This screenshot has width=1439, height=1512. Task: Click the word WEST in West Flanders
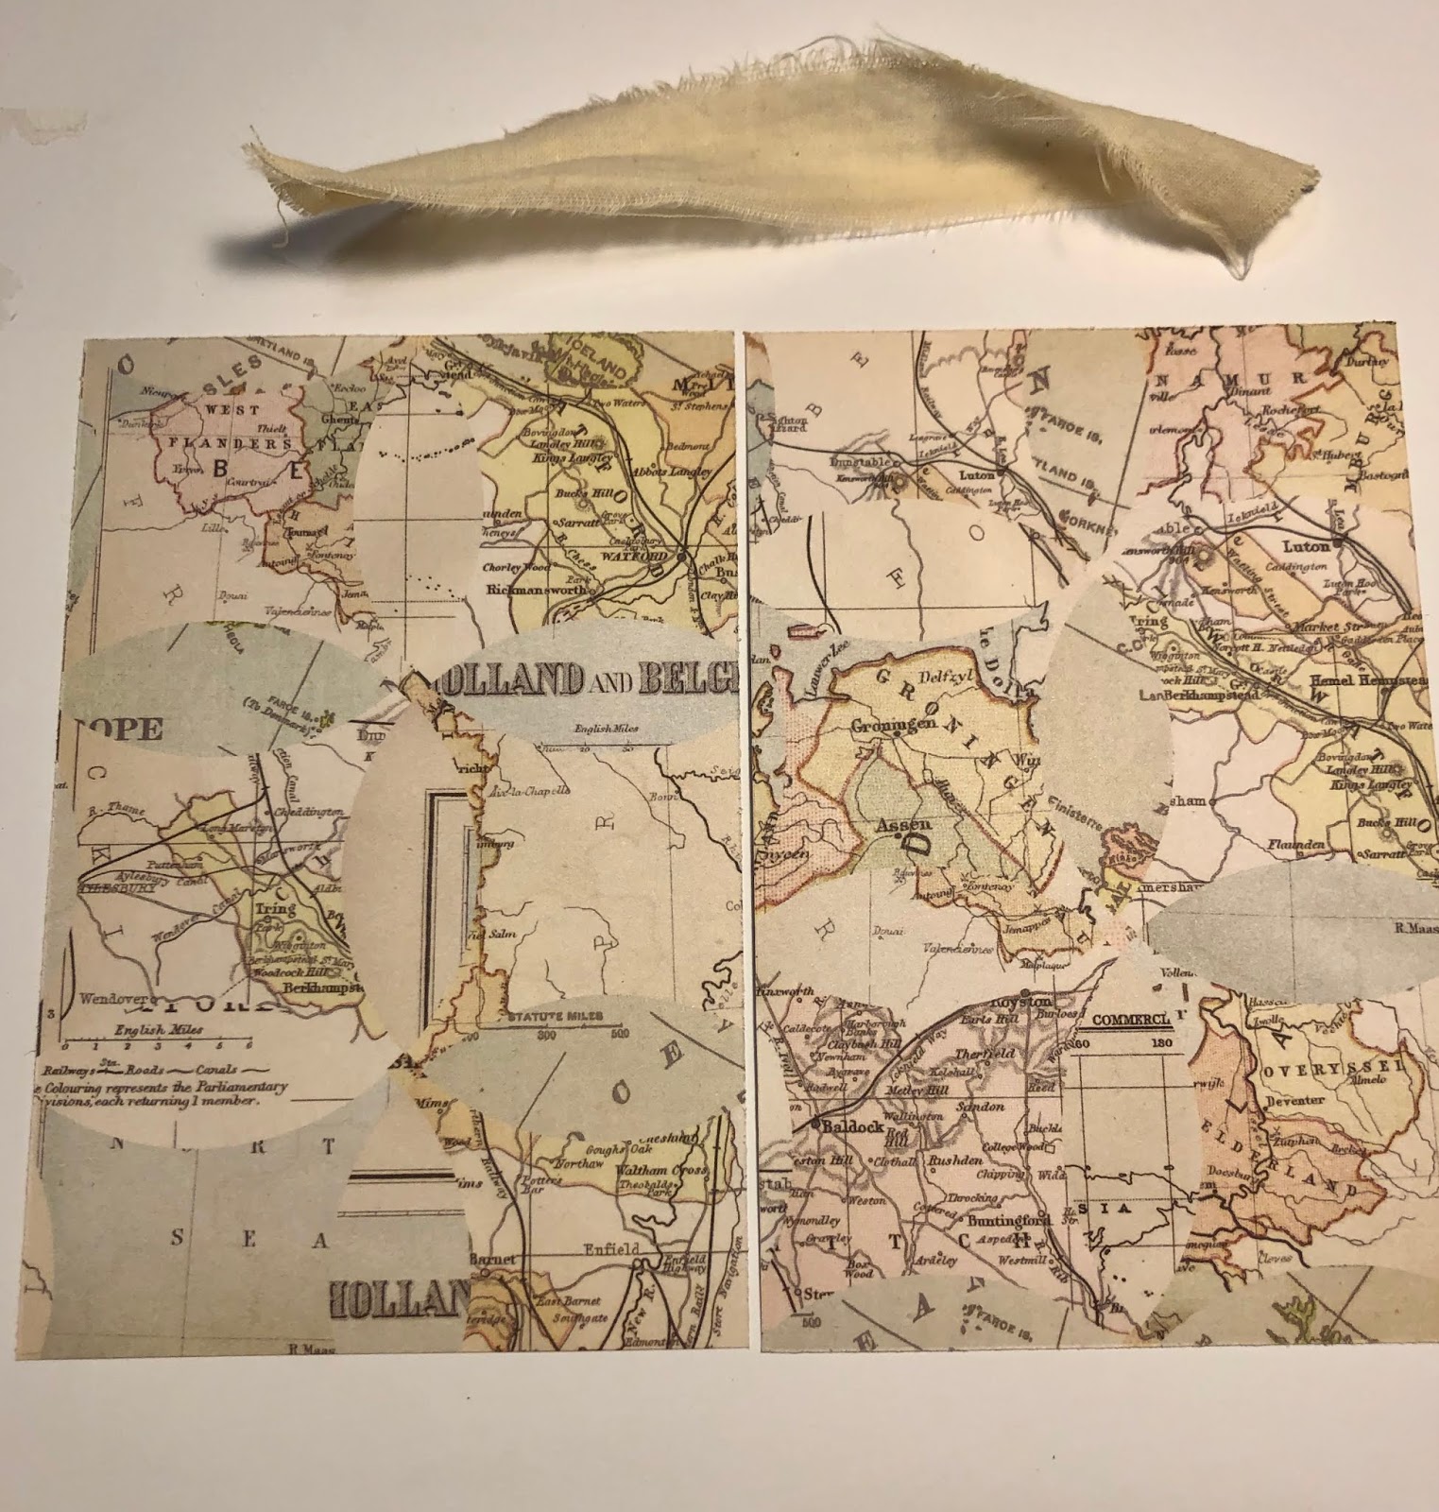coord(218,412)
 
